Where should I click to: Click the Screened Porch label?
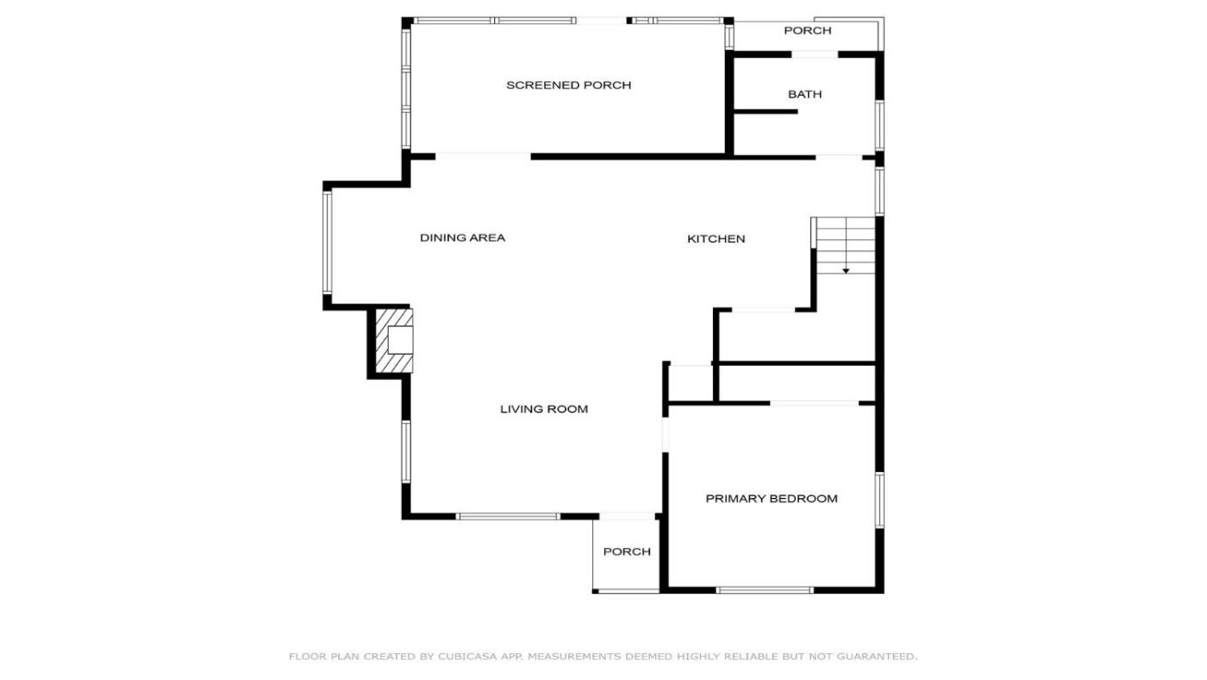pyautogui.click(x=568, y=85)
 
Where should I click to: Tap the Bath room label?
pyautogui.click(x=805, y=94)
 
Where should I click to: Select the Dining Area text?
pyautogui.click(x=462, y=238)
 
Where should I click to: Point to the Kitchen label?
pyautogui.click(x=716, y=239)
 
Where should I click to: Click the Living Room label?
pyautogui.click(x=544, y=409)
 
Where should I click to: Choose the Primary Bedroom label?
pyautogui.click(x=772, y=499)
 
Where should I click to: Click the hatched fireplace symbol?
pyautogui.click(x=394, y=340)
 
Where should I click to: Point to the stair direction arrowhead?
pyautogui.click(x=846, y=271)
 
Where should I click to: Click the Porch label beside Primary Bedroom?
pyautogui.click(x=627, y=551)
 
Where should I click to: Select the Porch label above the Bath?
pyautogui.click(x=807, y=31)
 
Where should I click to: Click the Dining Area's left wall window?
pyautogui.click(x=327, y=243)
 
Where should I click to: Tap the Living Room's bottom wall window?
pyautogui.click(x=508, y=517)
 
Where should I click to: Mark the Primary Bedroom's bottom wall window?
pyautogui.click(x=765, y=590)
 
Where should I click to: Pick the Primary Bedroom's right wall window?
pyautogui.click(x=879, y=500)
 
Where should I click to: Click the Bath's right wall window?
pyautogui.click(x=879, y=126)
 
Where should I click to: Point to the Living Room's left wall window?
pyautogui.click(x=406, y=451)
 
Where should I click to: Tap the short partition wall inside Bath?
pyautogui.click(x=766, y=111)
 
